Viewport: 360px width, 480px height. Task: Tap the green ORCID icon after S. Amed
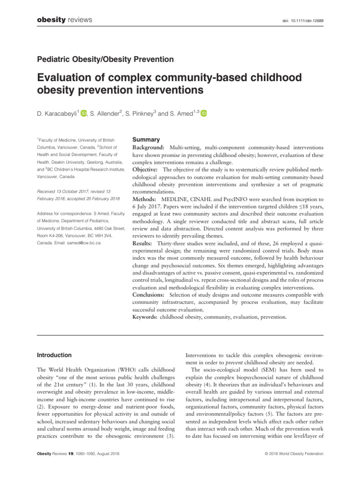coord(204,113)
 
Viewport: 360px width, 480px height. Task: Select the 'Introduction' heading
coord(54,355)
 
